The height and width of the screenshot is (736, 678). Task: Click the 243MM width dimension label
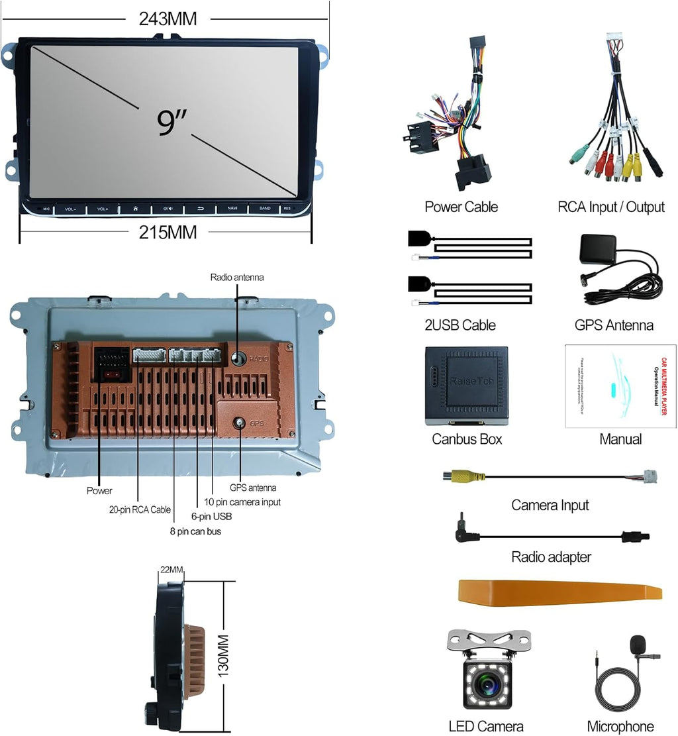point(168,19)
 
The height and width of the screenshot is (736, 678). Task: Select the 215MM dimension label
point(168,233)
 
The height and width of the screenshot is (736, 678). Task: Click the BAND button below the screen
point(264,209)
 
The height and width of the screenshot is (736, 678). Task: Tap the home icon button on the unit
point(135,209)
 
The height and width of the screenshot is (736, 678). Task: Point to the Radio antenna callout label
point(236,278)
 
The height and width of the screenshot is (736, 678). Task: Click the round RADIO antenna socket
point(238,358)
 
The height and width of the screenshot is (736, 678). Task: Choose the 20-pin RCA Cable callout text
point(140,510)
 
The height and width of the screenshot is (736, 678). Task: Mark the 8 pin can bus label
point(195,531)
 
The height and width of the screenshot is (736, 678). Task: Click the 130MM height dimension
point(224,657)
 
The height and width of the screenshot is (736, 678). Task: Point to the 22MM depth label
point(171,570)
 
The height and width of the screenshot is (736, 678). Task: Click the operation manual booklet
point(620,386)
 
